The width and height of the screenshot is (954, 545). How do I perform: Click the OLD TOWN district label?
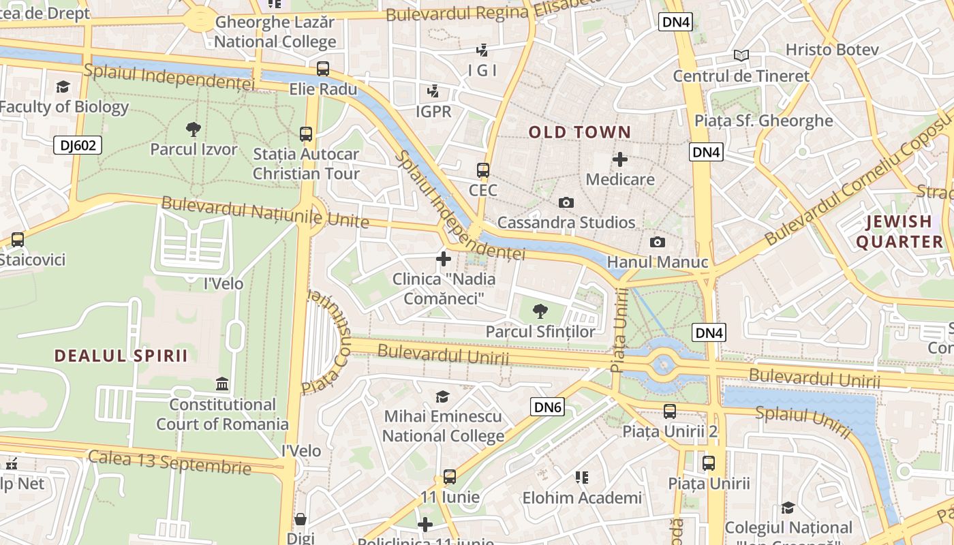coord(579,132)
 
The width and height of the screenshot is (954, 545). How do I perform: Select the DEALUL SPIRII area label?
coord(121,356)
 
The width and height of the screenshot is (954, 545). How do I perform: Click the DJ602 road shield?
coord(77,144)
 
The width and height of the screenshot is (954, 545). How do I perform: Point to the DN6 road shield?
coord(547,407)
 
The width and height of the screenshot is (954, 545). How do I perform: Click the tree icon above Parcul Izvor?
coord(194,129)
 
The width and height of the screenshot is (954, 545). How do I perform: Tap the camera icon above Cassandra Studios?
coord(566,202)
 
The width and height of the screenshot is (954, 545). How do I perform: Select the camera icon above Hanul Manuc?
coord(658,242)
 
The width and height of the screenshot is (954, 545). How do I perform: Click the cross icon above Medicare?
coord(620,159)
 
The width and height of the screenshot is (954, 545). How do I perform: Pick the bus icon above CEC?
coord(483,170)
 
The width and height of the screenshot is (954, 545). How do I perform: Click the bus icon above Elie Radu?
coord(323,69)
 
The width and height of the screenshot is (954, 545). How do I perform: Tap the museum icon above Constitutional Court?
coord(222,384)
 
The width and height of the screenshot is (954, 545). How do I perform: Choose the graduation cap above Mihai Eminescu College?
coord(443,396)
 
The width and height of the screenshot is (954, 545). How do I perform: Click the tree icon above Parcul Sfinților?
coord(540,311)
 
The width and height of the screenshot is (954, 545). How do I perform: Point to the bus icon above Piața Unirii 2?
coord(670,411)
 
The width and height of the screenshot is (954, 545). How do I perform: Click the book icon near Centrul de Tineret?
coord(741,55)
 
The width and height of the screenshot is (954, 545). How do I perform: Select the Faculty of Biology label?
coord(63,107)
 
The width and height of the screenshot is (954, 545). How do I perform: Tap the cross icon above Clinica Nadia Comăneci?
coord(444,258)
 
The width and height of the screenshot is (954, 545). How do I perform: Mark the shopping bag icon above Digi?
coord(301,520)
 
